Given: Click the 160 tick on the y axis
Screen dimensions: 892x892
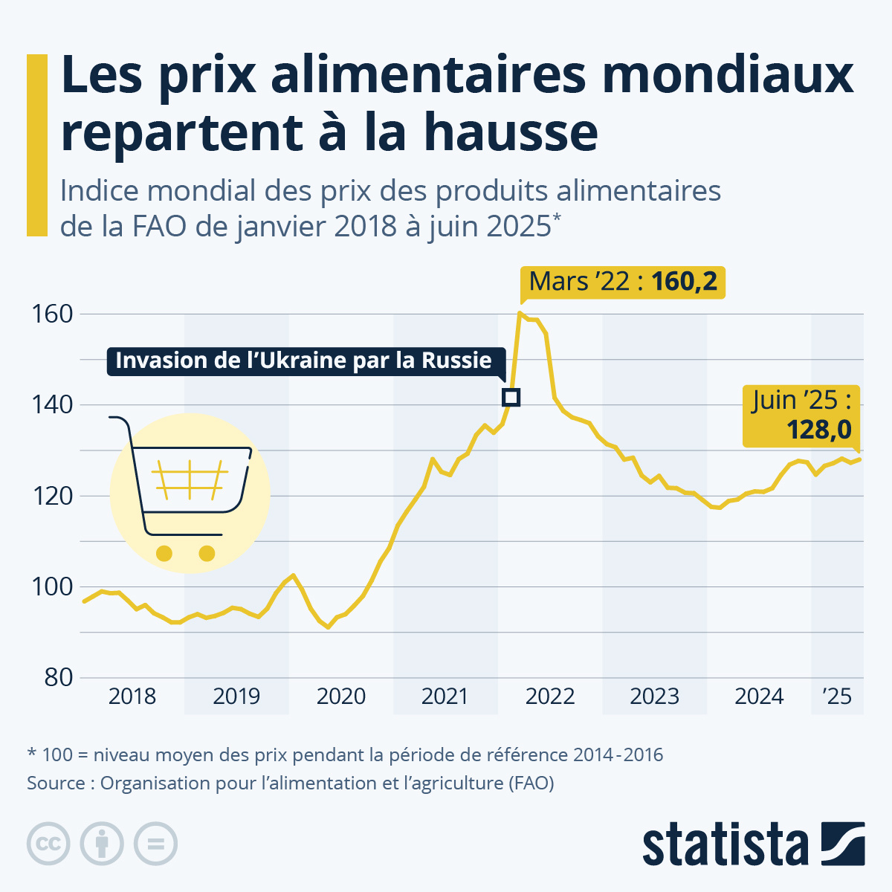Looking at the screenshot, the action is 52,314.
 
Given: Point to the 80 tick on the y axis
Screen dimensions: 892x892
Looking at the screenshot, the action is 58,678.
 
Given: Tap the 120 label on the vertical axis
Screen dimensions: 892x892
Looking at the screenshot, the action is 52,497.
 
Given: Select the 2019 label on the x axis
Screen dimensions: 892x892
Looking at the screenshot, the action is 236,697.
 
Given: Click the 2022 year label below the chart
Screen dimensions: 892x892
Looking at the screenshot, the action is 550,697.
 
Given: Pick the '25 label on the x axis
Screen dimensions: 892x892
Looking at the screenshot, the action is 837,697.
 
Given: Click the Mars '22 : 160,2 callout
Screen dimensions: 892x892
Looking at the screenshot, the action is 623,282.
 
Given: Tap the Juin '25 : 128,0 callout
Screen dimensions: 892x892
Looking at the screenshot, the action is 801,416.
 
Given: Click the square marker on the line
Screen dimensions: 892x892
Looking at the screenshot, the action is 511,397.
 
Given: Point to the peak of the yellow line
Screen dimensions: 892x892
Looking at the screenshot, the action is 520,312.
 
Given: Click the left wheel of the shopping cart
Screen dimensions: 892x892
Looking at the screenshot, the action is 164,553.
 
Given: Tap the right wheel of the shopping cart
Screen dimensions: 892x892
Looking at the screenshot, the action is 207,553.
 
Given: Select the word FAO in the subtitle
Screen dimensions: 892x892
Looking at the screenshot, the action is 159,227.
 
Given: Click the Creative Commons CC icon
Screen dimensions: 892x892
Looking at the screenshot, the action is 48,844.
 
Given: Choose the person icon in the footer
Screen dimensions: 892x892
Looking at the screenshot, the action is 102,844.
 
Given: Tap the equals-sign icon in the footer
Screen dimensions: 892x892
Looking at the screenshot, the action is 155,844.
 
